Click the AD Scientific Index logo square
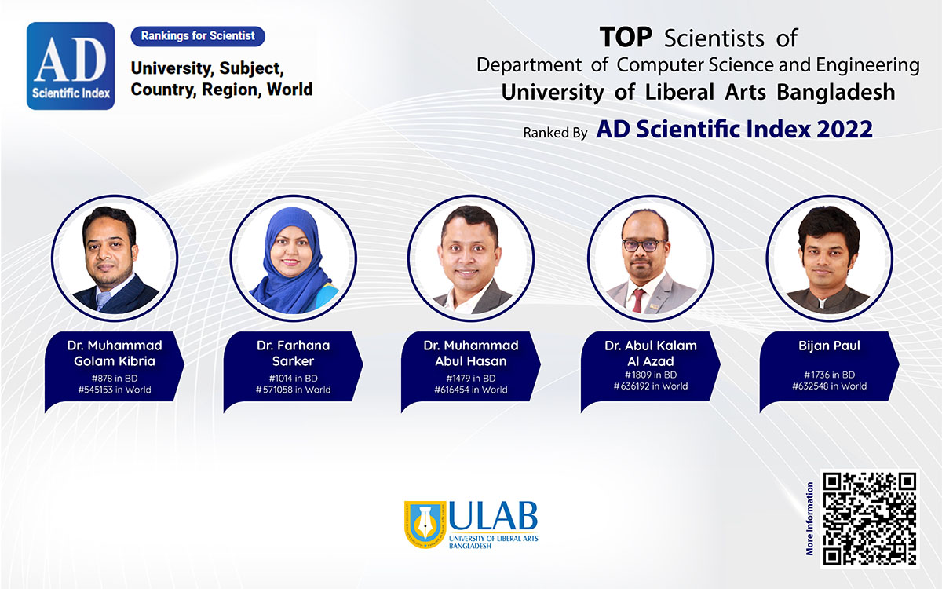(71, 66)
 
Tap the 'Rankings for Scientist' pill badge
(198, 36)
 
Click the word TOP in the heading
(626, 37)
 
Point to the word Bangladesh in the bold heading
(835, 92)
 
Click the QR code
(869, 518)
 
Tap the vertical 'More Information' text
(809, 518)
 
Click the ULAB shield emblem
(425, 525)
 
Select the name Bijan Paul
(829, 346)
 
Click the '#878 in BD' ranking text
(115, 379)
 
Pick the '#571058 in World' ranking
(293, 390)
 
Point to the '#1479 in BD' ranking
(471, 379)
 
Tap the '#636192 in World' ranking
(651, 386)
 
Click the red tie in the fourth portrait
(638, 301)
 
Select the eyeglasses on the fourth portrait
(643, 245)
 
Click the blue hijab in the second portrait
(290, 269)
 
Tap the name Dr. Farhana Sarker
(293, 353)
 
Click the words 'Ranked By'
(555, 133)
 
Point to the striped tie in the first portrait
(102, 301)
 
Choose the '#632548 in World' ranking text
(829, 386)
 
